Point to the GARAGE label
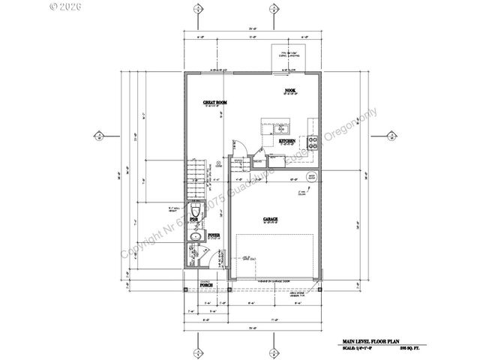(271, 219)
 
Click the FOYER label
(213, 235)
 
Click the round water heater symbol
(311, 178)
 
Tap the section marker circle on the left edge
(98, 136)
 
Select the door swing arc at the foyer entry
(198, 255)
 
